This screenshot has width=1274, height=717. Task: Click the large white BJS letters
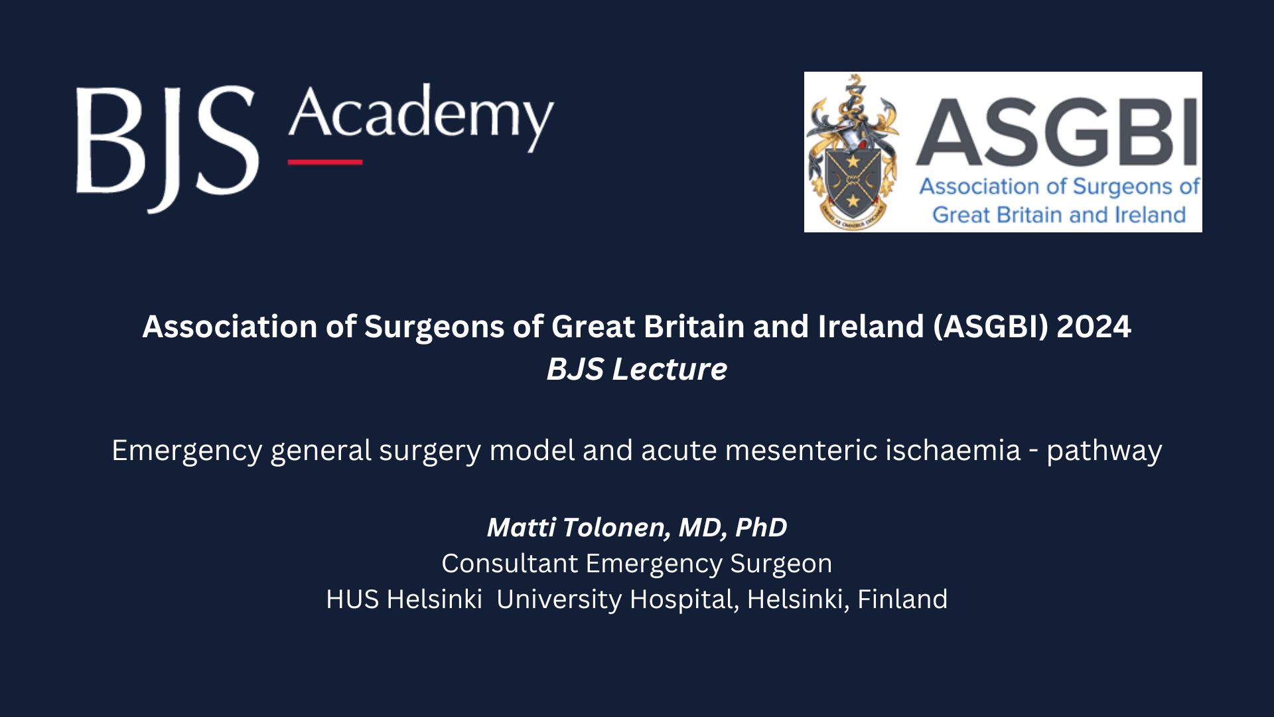[167, 149]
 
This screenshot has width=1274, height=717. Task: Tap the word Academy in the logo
[421, 118]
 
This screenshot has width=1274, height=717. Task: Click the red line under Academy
[325, 162]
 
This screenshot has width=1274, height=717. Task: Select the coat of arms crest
[853, 152]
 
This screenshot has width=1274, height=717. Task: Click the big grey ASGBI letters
[1058, 131]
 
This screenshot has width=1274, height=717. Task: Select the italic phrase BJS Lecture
[637, 369]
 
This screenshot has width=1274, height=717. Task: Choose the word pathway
[1104, 451]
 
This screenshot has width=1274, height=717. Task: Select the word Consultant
[510, 564]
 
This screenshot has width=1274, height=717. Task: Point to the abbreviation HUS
[352, 599]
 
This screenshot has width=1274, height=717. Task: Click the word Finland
[902, 599]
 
